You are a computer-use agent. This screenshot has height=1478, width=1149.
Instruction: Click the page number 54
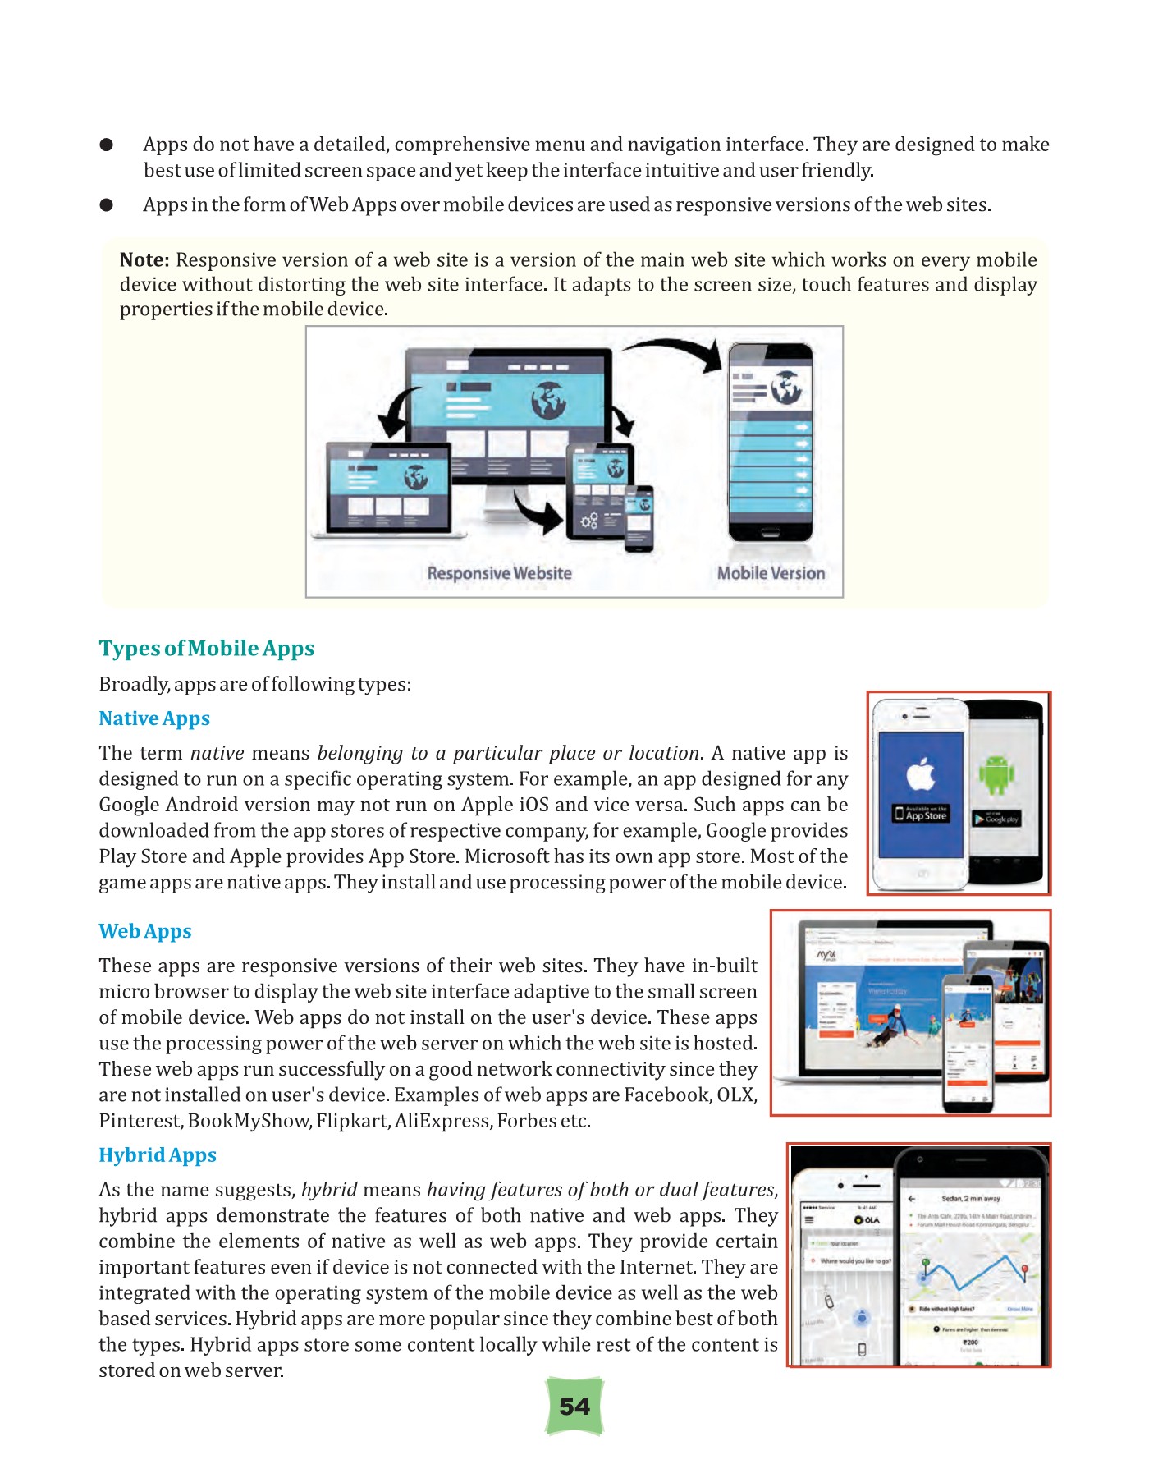(x=574, y=1407)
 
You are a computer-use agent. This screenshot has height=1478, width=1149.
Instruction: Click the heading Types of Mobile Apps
(x=207, y=649)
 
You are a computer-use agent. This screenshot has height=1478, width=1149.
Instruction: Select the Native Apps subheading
(x=154, y=718)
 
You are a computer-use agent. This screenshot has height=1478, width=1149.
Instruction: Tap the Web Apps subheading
(x=145, y=931)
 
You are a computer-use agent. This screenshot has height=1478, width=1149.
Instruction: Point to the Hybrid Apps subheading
(x=158, y=1155)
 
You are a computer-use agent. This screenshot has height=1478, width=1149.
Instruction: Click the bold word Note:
(x=144, y=260)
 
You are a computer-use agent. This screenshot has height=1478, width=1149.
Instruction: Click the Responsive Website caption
(x=499, y=573)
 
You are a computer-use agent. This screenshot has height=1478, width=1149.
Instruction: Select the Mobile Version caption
(x=771, y=573)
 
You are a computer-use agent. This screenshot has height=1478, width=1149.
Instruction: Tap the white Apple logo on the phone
(x=921, y=773)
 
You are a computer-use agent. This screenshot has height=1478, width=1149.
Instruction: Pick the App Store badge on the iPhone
(x=921, y=814)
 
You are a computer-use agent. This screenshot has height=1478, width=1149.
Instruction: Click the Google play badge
(x=996, y=819)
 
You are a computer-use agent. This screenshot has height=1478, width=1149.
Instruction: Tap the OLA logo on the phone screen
(x=867, y=1219)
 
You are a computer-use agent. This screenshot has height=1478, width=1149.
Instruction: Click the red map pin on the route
(x=1024, y=1272)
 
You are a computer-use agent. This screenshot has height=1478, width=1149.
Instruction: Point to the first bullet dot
(x=106, y=145)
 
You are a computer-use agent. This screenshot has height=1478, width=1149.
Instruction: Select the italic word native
(x=217, y=753)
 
